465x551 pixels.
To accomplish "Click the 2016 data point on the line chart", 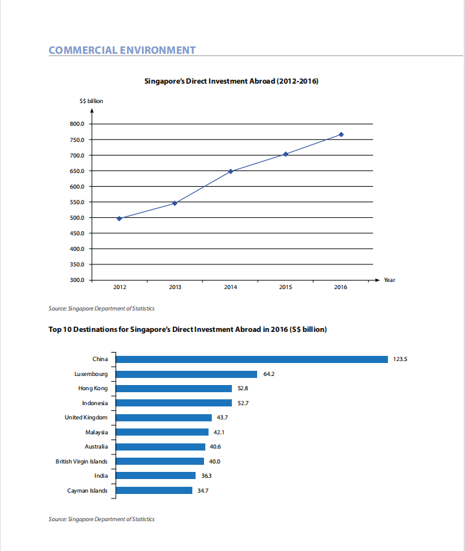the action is click(341, 135).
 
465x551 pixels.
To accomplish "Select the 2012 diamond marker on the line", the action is click(119, 218).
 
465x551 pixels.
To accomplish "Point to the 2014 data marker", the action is click(231, 172).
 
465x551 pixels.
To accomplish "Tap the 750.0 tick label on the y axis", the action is click(77, 140).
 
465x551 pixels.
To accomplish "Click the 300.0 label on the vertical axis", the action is click(77, 280).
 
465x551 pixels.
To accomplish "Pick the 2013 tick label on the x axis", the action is click(175, 287).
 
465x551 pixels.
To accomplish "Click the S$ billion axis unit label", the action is click(91, 101).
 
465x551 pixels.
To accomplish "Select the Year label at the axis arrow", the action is click(389, 280).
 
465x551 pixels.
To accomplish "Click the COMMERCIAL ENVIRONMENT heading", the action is click(122, 51).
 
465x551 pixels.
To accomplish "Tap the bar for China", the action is click(252, 359).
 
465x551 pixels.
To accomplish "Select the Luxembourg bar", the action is click(187, 374).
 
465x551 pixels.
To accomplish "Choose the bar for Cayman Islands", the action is click(154, 491).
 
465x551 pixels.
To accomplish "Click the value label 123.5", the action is click(400, 359).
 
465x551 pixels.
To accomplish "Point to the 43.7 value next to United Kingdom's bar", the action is click(222, 417).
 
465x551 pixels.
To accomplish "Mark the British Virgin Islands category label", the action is click(82, 462).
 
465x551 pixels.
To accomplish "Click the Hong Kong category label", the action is click(93, 388).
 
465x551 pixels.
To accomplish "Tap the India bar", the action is click(155, 475).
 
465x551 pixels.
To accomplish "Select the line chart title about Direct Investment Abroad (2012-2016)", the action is click(231, 81).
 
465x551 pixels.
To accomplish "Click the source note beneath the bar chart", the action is click(102, 519).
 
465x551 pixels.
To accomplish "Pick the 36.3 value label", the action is click(207, 476).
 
